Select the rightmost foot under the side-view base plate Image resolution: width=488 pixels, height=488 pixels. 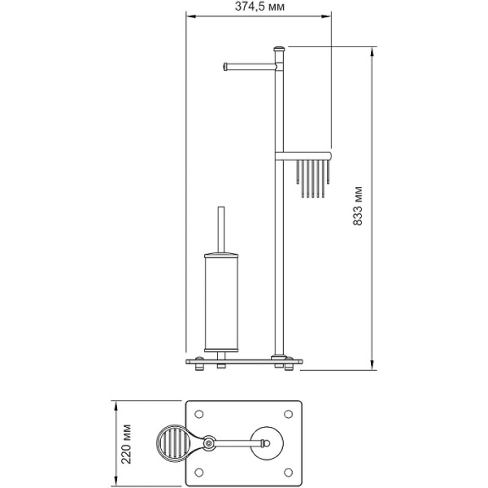click(290, 367)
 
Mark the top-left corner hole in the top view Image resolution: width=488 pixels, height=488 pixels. click(198, 412)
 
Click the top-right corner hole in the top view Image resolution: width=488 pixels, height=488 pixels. click(289, 412)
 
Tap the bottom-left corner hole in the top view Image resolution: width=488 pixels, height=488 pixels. click(198, 473)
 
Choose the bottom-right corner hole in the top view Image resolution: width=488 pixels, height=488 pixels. click(289, 473)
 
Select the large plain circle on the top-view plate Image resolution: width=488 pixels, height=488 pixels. click(268, 442)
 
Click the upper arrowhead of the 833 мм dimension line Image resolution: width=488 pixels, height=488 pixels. click(373, 50)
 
